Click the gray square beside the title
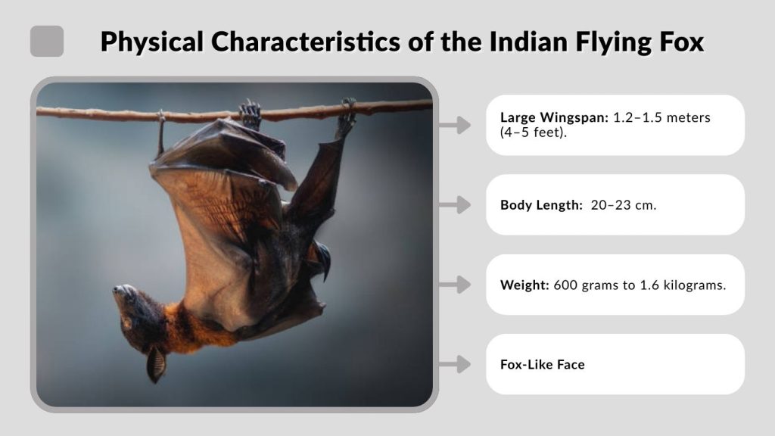(x=47, y=41)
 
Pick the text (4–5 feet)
(x=534, y=133)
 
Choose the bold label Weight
(x=524, y=285)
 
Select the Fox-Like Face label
(x=542, y=364)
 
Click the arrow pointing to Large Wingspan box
(x=455, y=125)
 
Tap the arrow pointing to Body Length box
(x=455, y=204)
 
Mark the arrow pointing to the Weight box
(x=455, y=285)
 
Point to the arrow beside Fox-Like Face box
(x=455, y=364)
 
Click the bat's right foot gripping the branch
(x=347, y=115)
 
